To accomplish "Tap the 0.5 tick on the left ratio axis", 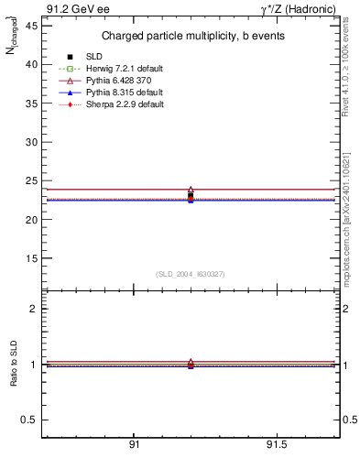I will click(30, 420).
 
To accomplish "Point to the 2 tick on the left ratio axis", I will click(35, 309).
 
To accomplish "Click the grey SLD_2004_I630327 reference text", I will click(190, 274).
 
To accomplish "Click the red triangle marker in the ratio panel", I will click(191, 363).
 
